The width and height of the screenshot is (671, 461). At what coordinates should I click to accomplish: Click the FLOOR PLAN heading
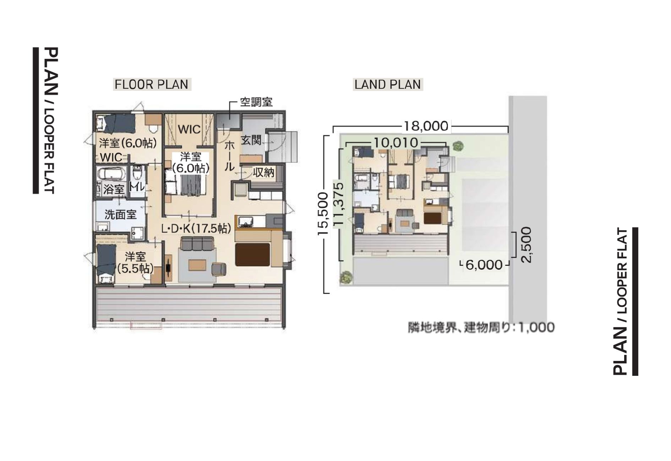click(152, 84)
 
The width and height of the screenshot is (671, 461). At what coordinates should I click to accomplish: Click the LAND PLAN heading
click(388, 84)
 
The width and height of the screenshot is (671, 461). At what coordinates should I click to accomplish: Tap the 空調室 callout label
click(256, 102)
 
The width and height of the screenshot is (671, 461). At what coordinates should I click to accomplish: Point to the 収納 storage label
click(263, 173)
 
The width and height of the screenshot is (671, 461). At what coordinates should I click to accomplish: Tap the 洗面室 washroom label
click(120, 215)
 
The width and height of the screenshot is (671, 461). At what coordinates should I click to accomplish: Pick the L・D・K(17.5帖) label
click(196, 229)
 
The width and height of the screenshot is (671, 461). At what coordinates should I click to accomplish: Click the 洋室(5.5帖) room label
click(135, 262)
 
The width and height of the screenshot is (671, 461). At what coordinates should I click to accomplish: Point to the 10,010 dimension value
click(396, 143)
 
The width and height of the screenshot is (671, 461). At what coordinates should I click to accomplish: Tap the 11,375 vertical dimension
click(338, 204)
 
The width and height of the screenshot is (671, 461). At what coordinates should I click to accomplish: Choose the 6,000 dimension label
click(484, 265)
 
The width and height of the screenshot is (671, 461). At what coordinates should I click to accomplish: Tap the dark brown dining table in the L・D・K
click(252, 254)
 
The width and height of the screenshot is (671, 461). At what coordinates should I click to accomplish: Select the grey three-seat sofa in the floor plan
click(197, 245)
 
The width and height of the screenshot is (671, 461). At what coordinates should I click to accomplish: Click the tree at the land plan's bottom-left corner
click(345, 277)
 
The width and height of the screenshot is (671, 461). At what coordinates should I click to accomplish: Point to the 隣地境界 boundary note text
click(481, 327)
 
